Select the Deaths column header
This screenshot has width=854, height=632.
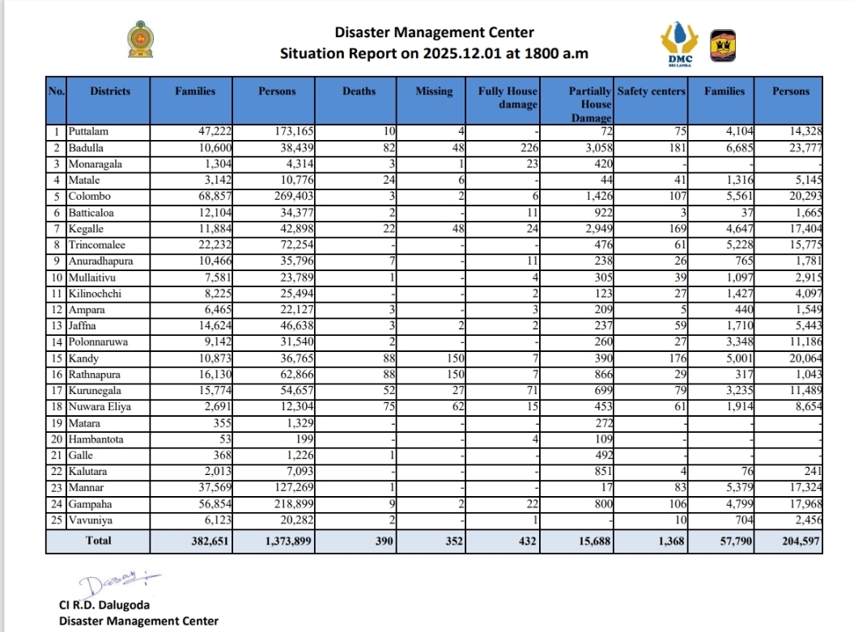(x=359, y=91)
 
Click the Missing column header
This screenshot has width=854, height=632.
(x=434, y=91)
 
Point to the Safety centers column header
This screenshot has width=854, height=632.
(x=651, y=91)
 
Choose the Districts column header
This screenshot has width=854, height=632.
(x=110, y=91)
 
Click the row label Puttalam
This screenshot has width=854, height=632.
(x=89, y=131)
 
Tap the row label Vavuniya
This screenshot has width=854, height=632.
(x=91, y=520)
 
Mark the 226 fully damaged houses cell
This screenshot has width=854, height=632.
(x=527, y=148)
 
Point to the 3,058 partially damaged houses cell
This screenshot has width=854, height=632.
(x=595, y=148)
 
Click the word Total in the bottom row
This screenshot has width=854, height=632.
(x=99, y=541)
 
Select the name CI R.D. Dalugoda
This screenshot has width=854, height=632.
(x=104, y=605)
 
